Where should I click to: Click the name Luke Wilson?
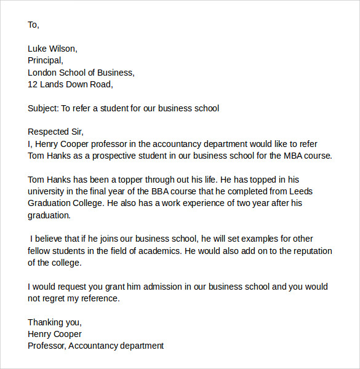pos(52,49)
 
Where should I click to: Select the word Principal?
pos(44,60)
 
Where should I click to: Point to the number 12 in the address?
pos(33,84)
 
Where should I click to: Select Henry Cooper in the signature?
pos(54,334)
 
